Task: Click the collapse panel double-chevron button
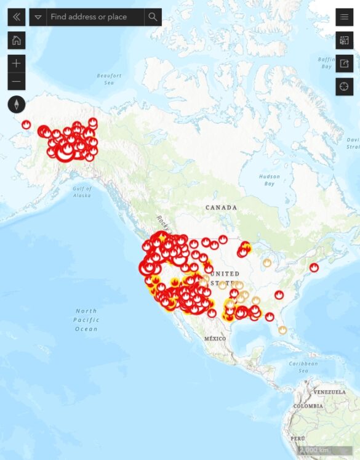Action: (16, 17)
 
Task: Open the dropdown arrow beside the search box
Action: (38, 17)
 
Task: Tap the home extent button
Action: (16, 41)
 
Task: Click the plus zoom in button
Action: (16, 63)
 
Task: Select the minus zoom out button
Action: (16, 81)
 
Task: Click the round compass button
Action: (16, 104)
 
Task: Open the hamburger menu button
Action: (344, 17)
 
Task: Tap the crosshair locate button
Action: (344, 86)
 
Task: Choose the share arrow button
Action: (344, 63)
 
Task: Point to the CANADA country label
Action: (222, 208)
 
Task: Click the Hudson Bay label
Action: (270, 180)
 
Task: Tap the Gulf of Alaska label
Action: (81, 192)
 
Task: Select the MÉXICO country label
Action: (215, 339)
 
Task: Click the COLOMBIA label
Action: (307, 406)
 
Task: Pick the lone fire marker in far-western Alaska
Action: (26, 124)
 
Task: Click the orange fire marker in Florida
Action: (282, 330)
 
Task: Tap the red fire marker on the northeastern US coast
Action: (314, 267)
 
